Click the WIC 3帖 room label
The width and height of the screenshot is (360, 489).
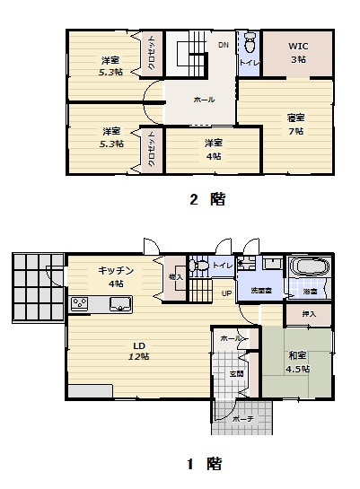(x=297, y=52)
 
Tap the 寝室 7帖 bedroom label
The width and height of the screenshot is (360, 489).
(x=295, y=123)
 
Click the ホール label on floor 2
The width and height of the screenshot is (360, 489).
(x=204, y=99)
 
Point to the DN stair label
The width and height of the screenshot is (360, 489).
(x=223, y=44)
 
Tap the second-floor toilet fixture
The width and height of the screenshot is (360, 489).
(x=249, y=42)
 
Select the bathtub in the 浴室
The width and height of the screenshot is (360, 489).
(x=307, y=268)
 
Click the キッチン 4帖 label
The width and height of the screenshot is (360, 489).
(x=117, y=275)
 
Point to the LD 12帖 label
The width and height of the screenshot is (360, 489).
(x=139, y=350)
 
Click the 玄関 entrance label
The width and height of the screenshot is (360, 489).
(x=236, y=373)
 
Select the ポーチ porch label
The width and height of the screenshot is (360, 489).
(x=240, y=419)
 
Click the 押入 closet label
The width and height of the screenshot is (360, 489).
(x=307, y=315)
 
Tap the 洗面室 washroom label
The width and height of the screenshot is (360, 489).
(x=261, y=292)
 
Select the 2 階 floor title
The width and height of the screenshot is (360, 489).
(x=206, y=200)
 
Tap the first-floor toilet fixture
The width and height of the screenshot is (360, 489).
(x=200, y=266)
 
